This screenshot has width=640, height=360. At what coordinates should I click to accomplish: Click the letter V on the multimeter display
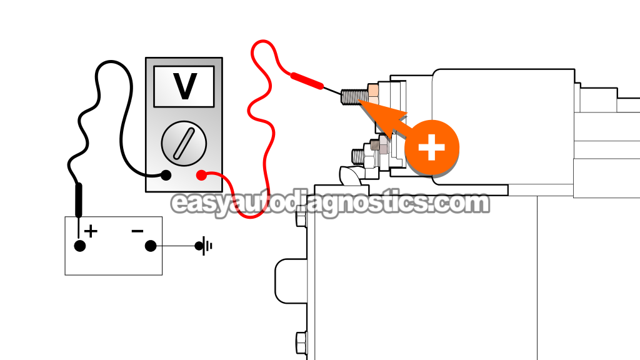pyautogui.click(x=184, y=86)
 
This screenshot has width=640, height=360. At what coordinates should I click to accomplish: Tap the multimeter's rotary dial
pyautogui.click(x=184, y=143)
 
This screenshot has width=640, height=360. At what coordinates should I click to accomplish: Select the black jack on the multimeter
pyautogui.click(x=166, y=176)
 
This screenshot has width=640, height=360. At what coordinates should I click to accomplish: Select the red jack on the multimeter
pyautogui.click(x=201, y=176)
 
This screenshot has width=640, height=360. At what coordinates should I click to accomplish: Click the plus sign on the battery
pyautogui.click(x=91, y=231)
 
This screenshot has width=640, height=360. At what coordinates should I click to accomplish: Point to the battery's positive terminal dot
pyautogui.click(x=80, y=246)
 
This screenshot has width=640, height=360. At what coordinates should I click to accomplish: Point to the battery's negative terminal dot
pyautogui.click(x=150, y=246)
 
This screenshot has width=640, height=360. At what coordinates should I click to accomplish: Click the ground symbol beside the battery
pyautogui.click(x=204, y=246)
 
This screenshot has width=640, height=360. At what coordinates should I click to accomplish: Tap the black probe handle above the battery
pyautogui.click(x=79, y=199)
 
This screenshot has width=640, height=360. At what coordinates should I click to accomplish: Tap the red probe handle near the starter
pyautogui.click(x=306, y=80)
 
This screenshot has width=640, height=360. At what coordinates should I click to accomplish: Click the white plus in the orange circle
pyautogui.click(x=432, y=149)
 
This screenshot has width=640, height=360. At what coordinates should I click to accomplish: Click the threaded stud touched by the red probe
pyautogui.click(x=353, y=97)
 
